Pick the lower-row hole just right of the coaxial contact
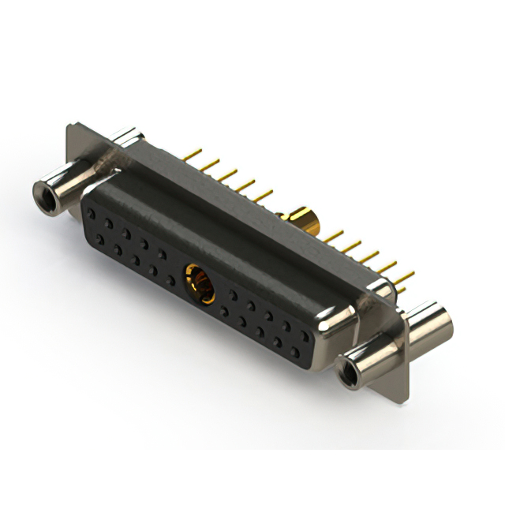coord(224,310)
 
